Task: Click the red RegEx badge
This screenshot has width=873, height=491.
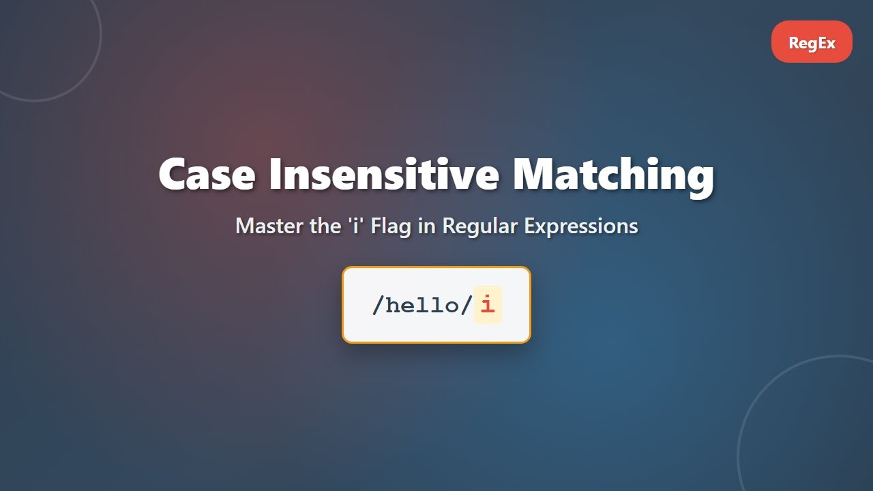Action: [812, 42]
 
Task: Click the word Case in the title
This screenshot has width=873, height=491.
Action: [207, 174]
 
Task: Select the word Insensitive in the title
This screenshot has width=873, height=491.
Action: [384, 174]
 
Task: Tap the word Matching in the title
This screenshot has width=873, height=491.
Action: [613, 175]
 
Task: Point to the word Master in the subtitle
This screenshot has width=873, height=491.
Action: [270, 226]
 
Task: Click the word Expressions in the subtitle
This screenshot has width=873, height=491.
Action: [581, 226]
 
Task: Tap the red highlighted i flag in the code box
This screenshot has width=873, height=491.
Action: [487, 305]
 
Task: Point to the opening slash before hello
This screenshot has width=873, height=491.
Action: [378, 305]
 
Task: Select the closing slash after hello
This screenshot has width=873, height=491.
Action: [467, 305]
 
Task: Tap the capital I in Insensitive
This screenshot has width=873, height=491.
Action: [275, 174]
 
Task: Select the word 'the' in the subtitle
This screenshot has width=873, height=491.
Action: [324, 226]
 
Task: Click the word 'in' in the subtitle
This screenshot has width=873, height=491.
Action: [427, 226]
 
